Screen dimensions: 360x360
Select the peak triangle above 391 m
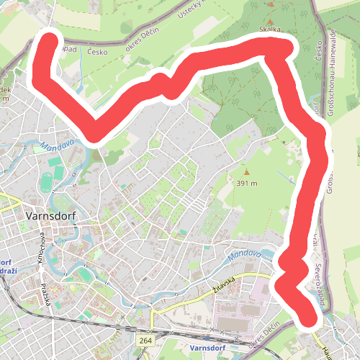coord(246,172)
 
